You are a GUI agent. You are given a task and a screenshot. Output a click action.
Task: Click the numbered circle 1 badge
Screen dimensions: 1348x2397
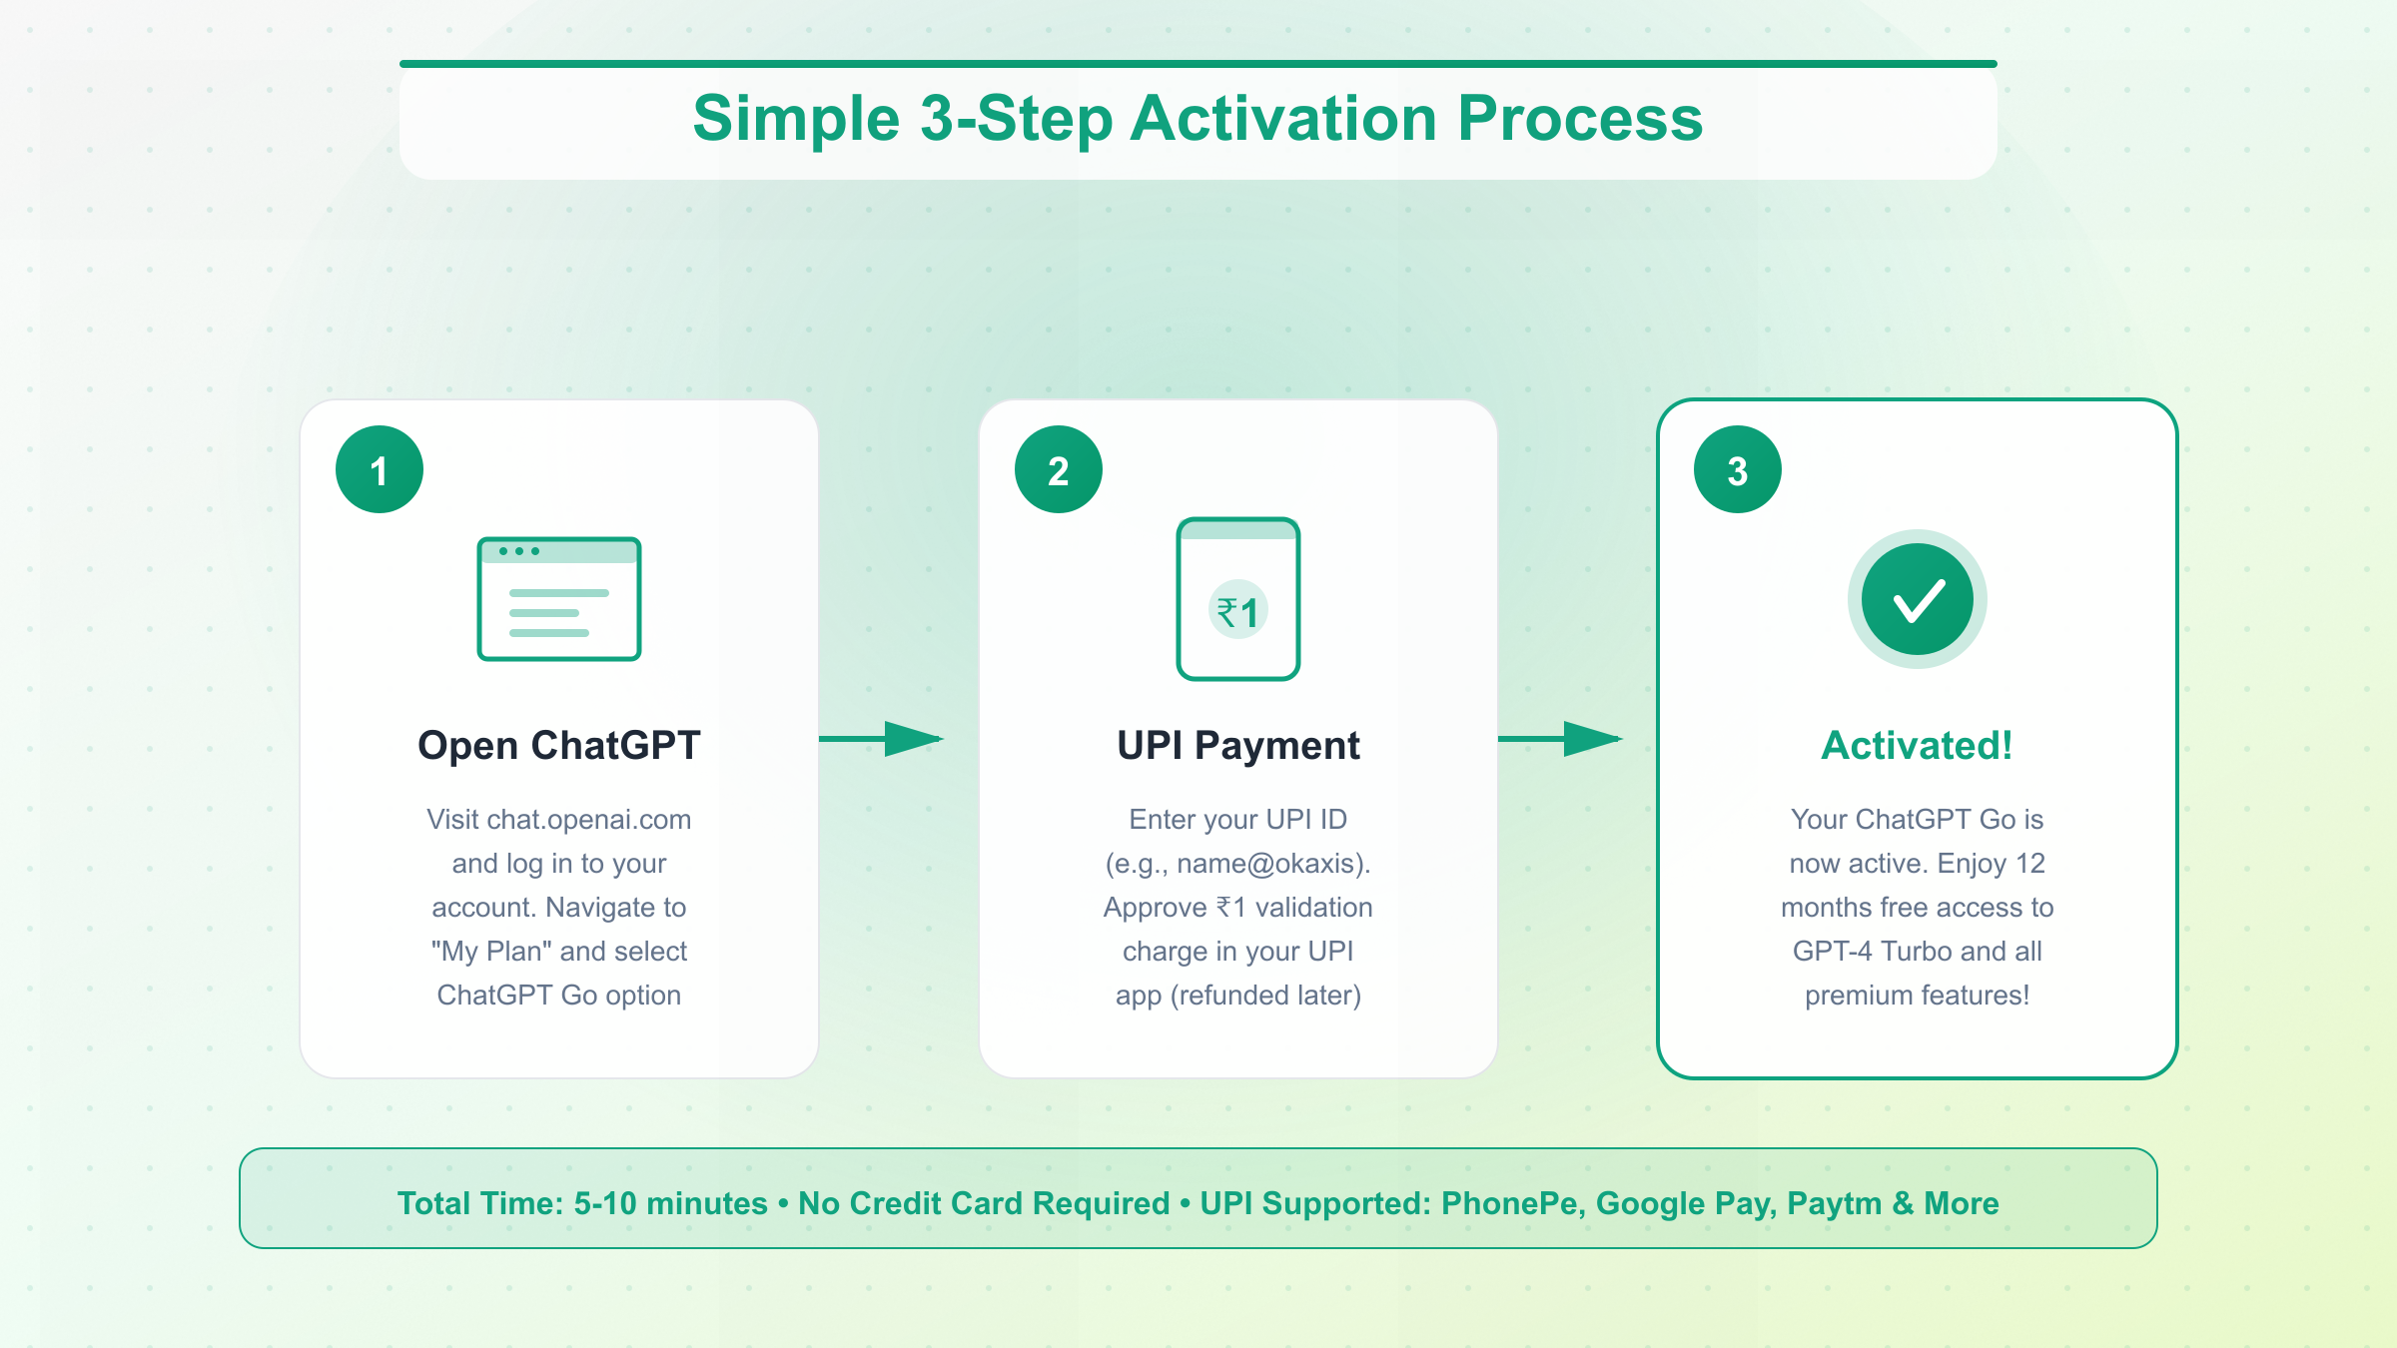coord(380,469)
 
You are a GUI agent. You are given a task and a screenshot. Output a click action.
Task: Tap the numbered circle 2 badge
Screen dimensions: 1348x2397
coord(1059,469)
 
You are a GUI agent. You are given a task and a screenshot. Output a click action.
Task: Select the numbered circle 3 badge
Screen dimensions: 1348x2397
coord(1738,469)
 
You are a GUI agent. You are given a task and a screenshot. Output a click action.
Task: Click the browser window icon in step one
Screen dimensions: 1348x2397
coord(559,599)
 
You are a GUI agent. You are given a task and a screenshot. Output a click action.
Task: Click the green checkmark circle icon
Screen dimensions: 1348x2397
coord(1918,599)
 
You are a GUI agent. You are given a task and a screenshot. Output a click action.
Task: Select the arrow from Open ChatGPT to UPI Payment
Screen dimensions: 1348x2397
coord(881,739)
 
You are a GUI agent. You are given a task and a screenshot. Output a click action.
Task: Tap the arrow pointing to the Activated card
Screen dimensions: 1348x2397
coord(1560,739)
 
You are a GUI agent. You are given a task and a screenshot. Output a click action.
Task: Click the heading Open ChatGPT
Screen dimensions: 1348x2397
coord(559,746)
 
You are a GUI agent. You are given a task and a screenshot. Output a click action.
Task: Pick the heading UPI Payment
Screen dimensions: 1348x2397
coord(1238,746)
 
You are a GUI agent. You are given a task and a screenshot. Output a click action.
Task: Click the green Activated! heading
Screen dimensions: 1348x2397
coord(1918,746)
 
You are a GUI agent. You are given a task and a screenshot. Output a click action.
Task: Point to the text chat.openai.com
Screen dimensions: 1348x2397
coord(589,820)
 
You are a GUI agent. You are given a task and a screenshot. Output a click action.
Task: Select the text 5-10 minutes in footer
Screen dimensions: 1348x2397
coord(670,1203)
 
